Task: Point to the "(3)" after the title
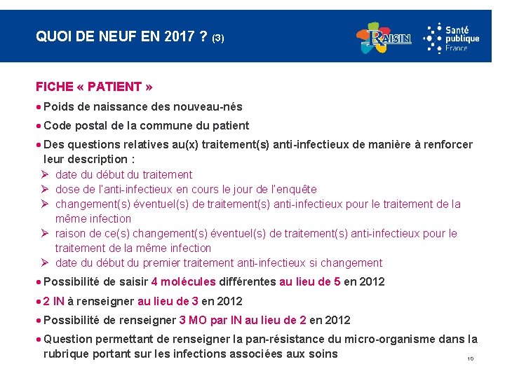coord(217,38)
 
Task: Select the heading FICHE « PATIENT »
coord(94,87)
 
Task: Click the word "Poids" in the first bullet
coord(58,106)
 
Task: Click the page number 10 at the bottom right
coord(470,359)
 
